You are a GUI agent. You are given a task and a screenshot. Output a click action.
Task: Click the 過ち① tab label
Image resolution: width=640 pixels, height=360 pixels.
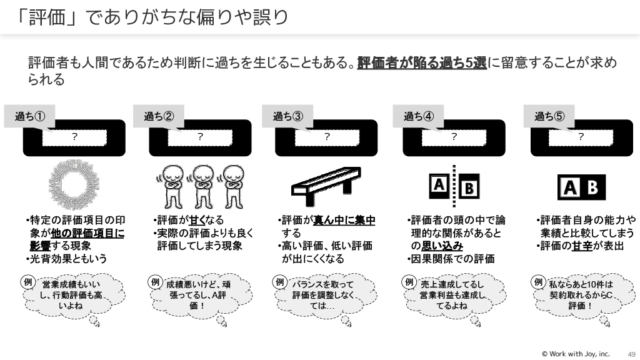[x=30, y=116]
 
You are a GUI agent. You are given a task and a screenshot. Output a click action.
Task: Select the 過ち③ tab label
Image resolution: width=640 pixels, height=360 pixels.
[x=287, y=116]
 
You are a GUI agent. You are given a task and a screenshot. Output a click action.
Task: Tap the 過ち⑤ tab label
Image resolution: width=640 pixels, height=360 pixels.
[x=549, y=116]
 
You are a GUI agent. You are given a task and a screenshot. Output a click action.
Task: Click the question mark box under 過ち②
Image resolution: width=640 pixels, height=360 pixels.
[x=200, y=137]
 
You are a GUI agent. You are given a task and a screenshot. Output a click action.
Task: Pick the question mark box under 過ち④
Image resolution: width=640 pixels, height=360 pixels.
[x=454, y=137]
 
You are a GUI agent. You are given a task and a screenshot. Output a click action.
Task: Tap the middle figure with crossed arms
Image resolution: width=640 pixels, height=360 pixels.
[x=203, y=186]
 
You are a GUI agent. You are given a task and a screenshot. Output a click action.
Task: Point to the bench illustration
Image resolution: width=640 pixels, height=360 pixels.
[x=326, y=186]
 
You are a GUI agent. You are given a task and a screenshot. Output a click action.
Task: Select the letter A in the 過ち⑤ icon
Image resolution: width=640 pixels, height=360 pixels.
[x=570, y=187]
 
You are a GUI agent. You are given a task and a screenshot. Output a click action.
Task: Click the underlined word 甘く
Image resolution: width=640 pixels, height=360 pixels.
[x=197, y=221]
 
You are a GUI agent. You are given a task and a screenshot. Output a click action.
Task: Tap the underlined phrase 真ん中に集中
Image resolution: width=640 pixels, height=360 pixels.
[x=344, y=221]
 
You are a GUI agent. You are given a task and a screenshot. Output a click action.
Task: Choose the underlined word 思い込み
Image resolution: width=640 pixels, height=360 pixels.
[x=442, y=246]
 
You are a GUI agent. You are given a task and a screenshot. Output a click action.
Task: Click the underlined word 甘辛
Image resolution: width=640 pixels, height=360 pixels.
[x=582, y=246]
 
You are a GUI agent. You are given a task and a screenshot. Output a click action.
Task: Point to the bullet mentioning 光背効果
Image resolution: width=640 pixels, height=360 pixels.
[x=67, y=259]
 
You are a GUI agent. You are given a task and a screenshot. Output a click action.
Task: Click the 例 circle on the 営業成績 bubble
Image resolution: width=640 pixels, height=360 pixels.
[x=27, y=282]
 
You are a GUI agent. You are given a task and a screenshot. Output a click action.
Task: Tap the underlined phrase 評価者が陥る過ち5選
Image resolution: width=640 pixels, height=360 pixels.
[x=422, y=63]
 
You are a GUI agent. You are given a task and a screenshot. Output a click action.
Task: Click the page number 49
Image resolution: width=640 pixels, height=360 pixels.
[x=631, y=354]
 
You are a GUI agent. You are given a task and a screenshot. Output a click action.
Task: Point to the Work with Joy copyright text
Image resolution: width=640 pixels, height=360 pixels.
[x=576, y=354]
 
